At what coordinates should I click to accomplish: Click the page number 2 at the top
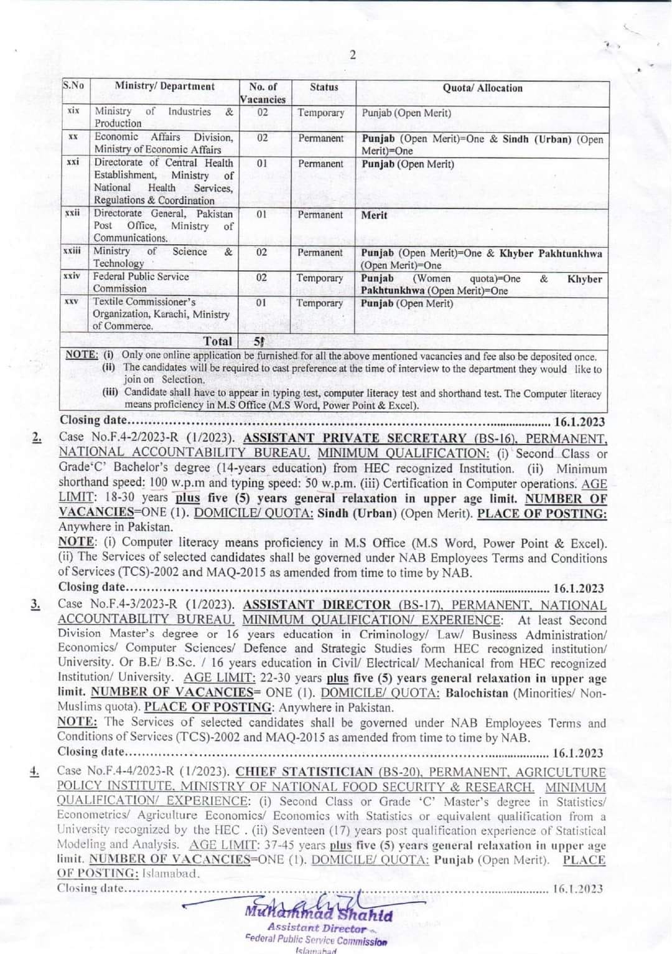point(352,56)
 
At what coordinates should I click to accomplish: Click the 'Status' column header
point(324,87)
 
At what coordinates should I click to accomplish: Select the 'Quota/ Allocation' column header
point(482,88)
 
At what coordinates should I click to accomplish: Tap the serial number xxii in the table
point(73,213)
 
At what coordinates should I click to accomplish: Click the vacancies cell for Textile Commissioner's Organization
point(261,303)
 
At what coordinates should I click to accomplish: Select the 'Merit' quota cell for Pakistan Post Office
point(374,215)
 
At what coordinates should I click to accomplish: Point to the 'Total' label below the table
point(218,341)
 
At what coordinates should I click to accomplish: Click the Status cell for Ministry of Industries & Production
point(320,113)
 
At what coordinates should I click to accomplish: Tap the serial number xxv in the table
point(71,301)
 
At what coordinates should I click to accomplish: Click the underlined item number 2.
point(37,438)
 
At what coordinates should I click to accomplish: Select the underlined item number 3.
point(37,605)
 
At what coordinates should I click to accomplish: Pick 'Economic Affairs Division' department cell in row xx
point(163,137)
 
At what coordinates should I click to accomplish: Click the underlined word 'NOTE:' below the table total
point(81,354)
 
